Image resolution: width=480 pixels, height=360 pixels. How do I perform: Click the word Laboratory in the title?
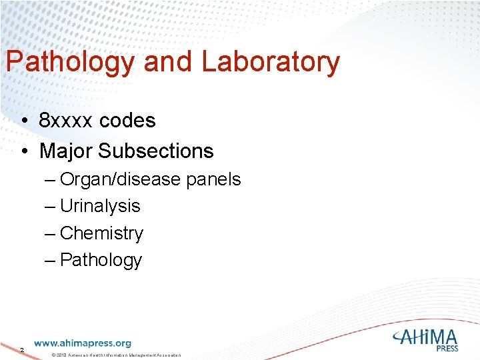point(270,63)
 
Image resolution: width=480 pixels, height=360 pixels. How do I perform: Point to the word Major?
point(66,151)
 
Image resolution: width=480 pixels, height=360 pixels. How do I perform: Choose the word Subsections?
point(156,151)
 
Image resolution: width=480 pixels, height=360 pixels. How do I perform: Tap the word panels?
point(213,180)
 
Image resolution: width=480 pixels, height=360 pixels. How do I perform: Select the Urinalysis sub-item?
point(100,206)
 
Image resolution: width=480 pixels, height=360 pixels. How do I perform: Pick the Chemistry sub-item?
point(101,233)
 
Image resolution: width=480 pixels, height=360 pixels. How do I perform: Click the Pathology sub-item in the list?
point(101,260)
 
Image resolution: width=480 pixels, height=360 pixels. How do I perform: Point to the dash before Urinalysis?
point(50,206)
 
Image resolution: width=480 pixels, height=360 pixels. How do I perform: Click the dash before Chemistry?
point(50,233)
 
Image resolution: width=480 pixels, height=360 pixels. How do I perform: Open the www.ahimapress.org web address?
point(83,343)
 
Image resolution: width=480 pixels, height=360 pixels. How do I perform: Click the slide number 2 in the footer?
point(21,349)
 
